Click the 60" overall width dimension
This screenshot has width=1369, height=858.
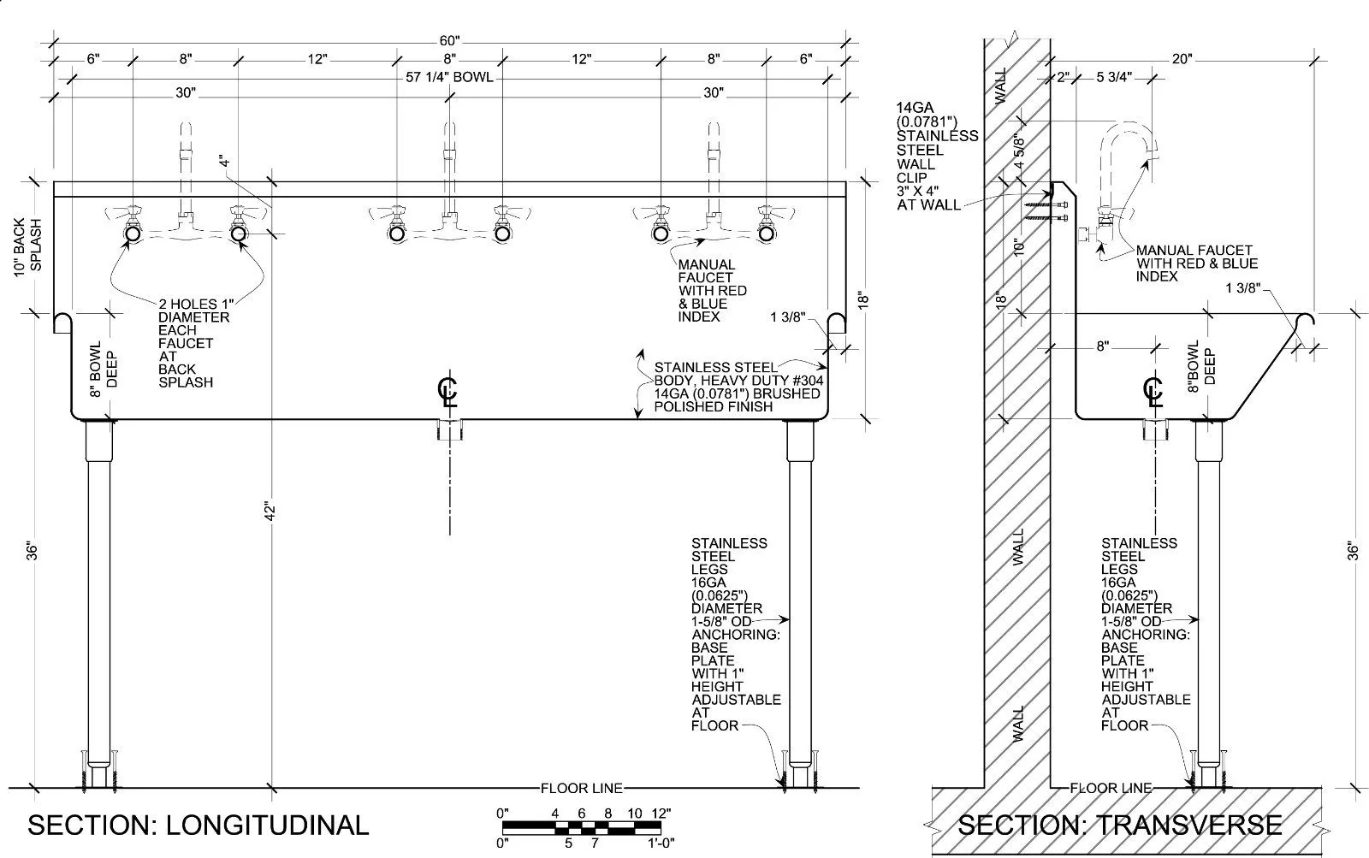click(x=450, y=41)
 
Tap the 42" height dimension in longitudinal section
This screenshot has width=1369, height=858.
click(x=271, y=511)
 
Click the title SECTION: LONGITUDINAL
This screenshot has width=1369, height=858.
click(x=199, y=825)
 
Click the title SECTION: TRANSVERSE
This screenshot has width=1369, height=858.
click(x=1119, y=825)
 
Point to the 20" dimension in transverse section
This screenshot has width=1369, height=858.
click(x=1182, y=59)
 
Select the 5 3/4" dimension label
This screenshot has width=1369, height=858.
click(x=1114, y=77)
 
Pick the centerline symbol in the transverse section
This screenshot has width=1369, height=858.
click(x=1153, y=392)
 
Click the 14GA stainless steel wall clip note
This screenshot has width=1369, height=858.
click(x=937, y=157)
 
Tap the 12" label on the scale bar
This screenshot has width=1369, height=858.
click(x=660, y=813)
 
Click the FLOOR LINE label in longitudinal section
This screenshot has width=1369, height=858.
click(x=582, y=788)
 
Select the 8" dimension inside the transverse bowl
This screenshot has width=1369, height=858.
click(x=1102, y=346)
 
